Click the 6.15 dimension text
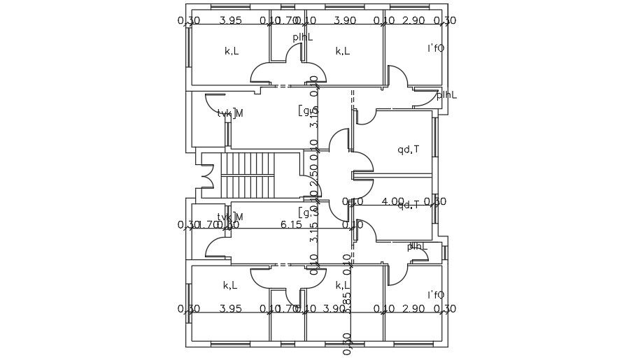(x=291, y=224)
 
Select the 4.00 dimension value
(x=392, y=201)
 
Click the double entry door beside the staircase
(x=206, y=175)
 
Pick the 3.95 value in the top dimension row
(x=230, y=20)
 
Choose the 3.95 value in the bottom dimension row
(x=230, y=308)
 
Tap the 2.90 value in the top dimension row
(x=414, y=20)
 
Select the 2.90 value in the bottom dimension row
(x=414, y=308)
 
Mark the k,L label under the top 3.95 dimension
(x=232, y=51)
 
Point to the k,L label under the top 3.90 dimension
(x=342, y=51)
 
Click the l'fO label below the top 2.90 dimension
(x=436, y=48)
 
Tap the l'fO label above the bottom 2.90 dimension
(x=436, y=294)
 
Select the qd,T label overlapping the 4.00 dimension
(x=409, y=205)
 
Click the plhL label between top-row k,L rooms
(x=303, y=36)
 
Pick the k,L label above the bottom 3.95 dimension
(x=230, y=285)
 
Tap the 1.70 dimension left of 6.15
(x=208, y=224)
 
